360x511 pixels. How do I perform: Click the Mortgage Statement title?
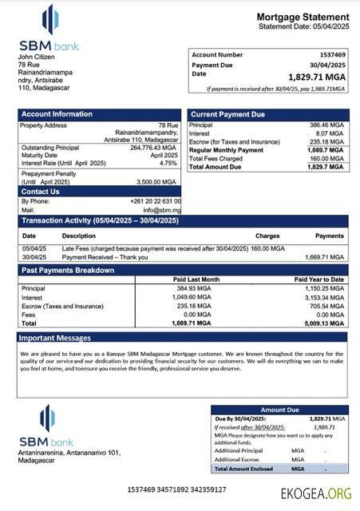click(303, 17)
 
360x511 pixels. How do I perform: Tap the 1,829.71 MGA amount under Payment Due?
click(316, 77)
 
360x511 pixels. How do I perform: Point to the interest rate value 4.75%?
click(168, 163)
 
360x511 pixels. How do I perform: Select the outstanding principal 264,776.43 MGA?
click(152, 148)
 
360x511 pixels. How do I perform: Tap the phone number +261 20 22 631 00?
click(155, 201)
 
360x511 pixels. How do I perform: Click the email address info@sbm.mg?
click(163, 210)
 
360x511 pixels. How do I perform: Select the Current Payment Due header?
click(227, 114)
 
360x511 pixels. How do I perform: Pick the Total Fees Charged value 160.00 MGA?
click(327, 158)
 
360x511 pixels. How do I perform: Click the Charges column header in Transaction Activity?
click(267, 236)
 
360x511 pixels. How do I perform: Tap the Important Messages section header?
click(56, 338)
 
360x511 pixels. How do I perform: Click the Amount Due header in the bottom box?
click(279, 410)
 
